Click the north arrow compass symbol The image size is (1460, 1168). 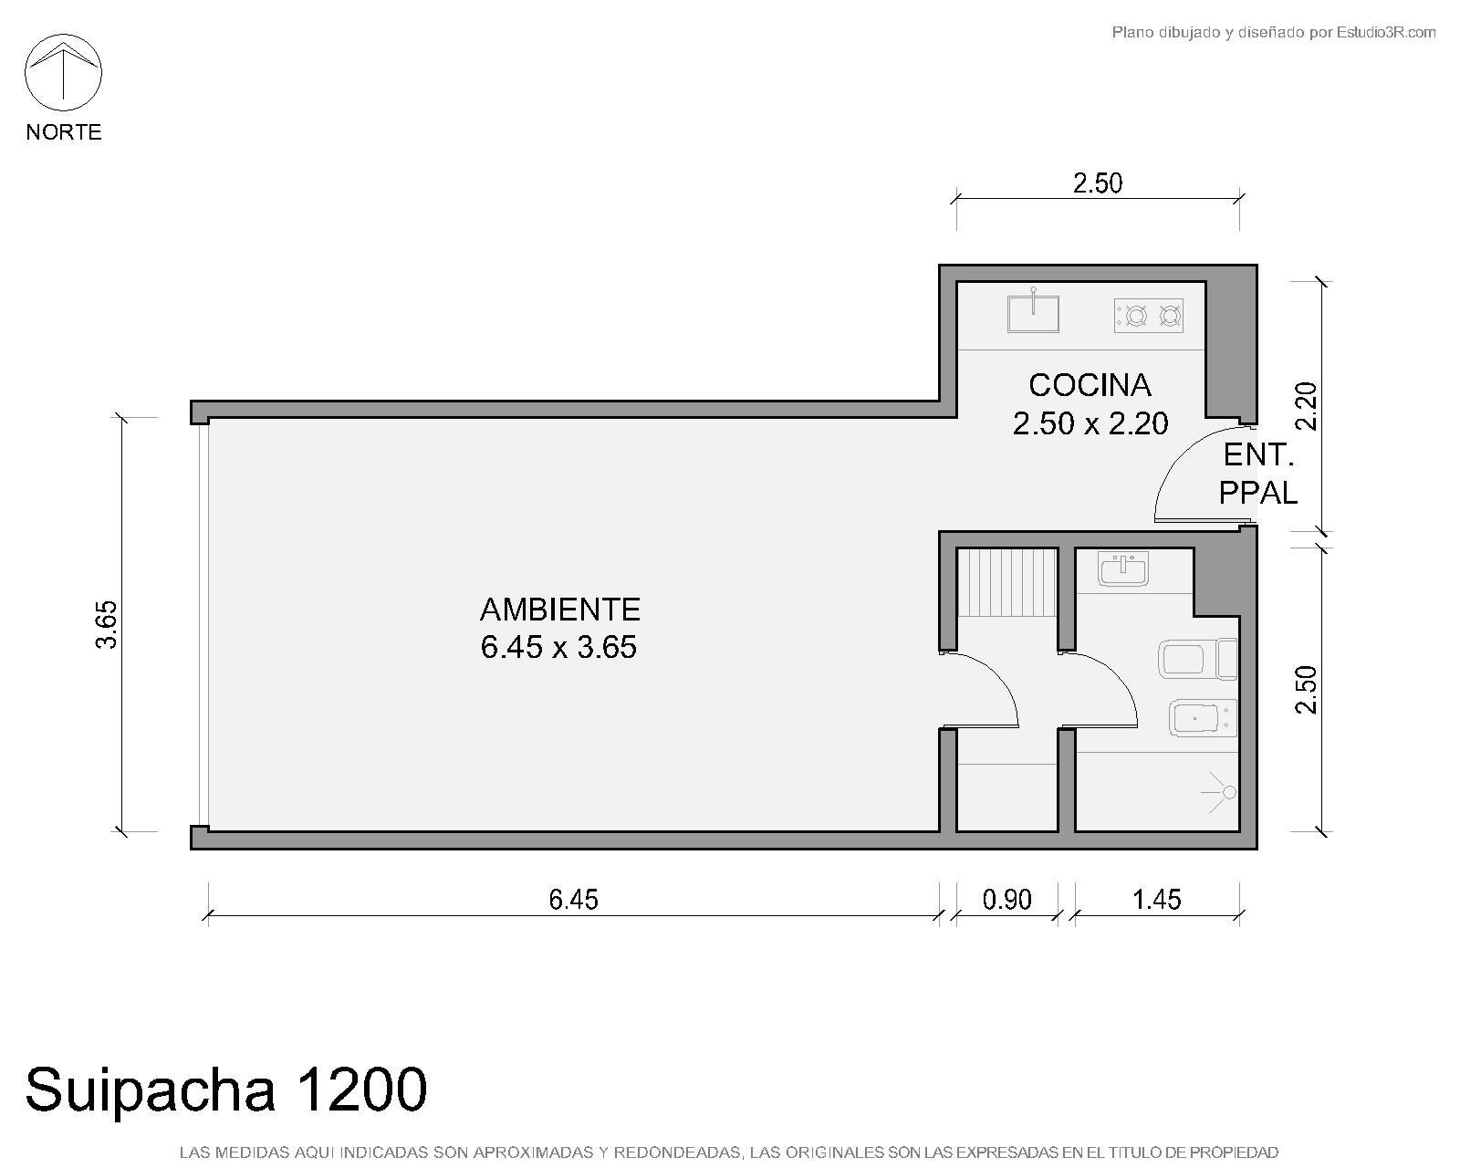(x=63, y=72)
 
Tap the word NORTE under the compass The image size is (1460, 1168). (x=64, y=131)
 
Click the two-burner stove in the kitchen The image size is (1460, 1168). (x=1149, y=316)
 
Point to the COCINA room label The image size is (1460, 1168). (x=1090, y=385)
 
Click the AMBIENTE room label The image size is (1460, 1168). (x=559, y=610)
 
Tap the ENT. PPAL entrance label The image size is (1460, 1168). (x=1257, y=474)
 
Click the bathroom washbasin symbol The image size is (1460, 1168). (x=1122, y=568)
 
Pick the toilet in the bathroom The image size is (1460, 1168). (x=1197, y=659)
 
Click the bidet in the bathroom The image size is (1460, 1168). (x=1203, y=718)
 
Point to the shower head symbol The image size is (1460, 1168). (x=1219, y=792)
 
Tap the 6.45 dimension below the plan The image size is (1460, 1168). (x=573, y=900)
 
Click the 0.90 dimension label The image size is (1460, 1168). (x=1006, y=900)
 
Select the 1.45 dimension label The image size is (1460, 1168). (x=1157, y=900)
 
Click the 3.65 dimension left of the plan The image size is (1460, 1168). (x=107, y=625)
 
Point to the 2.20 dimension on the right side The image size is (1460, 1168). (x=1306, y=407)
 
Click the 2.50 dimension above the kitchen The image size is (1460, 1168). (x=1098, y=183)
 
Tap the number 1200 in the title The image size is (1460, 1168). (x=361, y=1090)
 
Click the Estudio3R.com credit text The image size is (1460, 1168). (x=1385, y=32)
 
